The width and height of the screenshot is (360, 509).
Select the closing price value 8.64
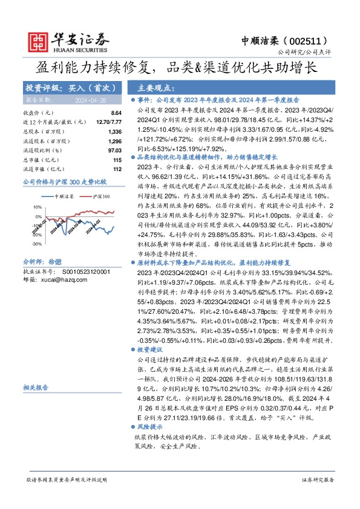pyautogui.click(x=117, y=113)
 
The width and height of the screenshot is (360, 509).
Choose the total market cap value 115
pyautogui.click(x=117, y=160)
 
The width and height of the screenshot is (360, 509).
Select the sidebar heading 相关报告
pyautogui.click(x=36, y=387)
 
